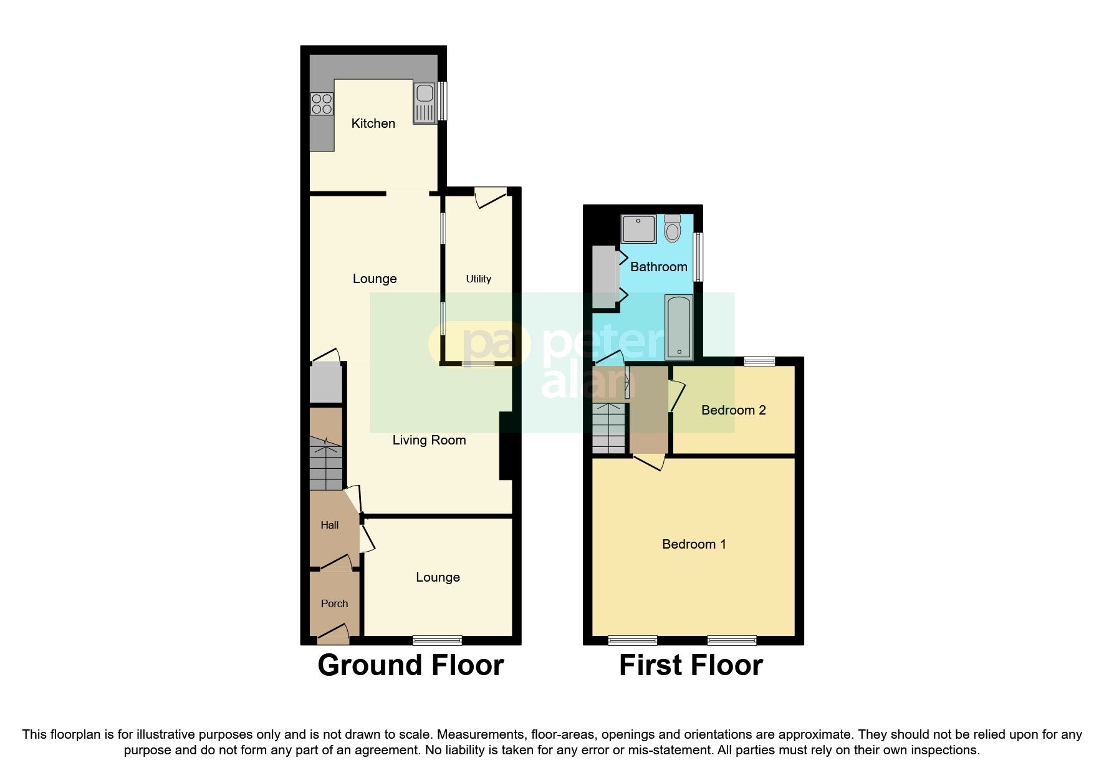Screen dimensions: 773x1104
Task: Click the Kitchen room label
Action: pyautogui.click(x=373, y=123)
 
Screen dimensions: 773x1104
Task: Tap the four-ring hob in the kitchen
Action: pyautogui.click(x=322, y=104)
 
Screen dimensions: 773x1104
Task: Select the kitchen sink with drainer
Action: pyautogui.click(x=424, y=103)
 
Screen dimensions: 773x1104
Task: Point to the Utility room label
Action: pyautogui.click(x=478, y=279)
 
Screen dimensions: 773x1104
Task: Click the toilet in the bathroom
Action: pyautogui.click(x=672, y=229)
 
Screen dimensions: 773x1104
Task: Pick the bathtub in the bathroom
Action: pyautogui.click(x=678, y=327)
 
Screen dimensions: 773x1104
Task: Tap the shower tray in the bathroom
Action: pyautogui.click(x=638, y=229)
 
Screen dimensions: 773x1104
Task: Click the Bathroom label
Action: pyautogui.click(x=658, y=267)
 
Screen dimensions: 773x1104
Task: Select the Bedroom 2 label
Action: pyautogui.click(x=733, y=410)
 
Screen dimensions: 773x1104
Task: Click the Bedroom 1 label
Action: pyautogui.click(x=694, y=544)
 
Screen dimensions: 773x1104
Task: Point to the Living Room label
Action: pyautogui.click(x=429, y=440)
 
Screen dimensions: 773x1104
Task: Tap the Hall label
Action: pyautogui.click(x=329, y=525)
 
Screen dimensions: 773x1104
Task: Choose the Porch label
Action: pyautogui.click(x=334, y=603)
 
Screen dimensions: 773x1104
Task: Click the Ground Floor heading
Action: pyautogui.click(x=410, y=665)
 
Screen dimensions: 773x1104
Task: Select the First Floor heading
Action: pyautogui.click(x=691, y=665)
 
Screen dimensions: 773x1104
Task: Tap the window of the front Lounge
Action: pyautogui.click(x=437, y=640)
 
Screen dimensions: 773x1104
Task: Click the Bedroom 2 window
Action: pyautogui.click(x=759, y=360)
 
